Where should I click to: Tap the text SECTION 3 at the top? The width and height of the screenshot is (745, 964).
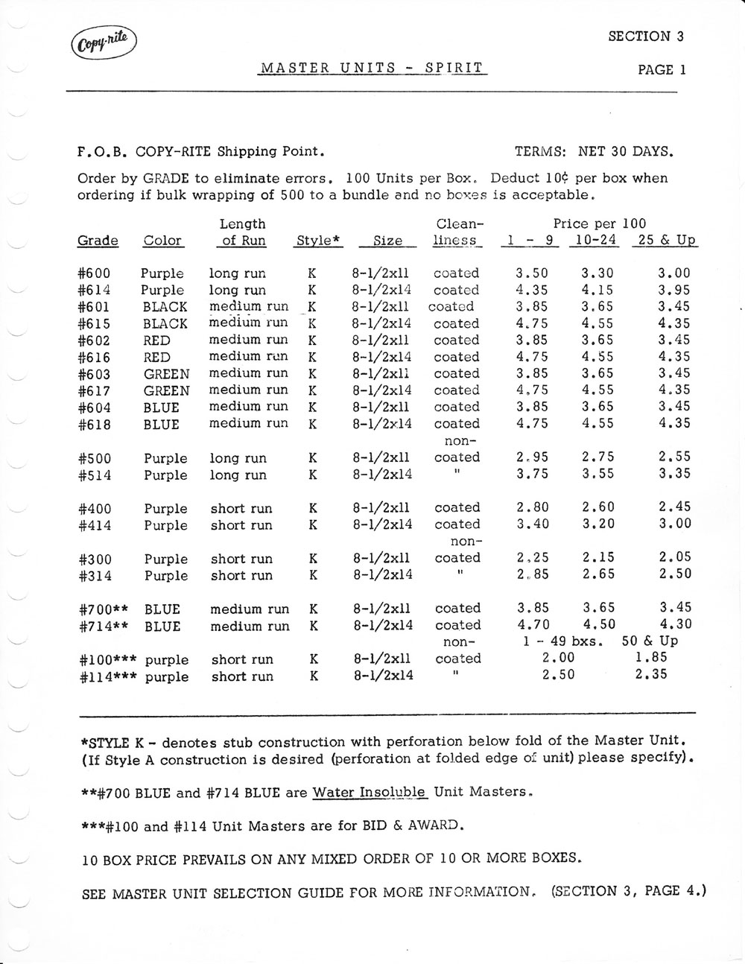646,36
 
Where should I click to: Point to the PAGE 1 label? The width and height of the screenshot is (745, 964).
662,70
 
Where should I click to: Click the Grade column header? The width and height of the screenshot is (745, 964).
98,241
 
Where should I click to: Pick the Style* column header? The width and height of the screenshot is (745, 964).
319,241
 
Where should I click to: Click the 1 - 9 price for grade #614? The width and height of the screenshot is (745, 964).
532,290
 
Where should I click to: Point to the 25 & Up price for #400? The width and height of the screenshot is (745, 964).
675,507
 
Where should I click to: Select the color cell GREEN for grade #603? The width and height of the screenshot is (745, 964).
167,374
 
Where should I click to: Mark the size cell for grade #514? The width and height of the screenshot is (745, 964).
382,475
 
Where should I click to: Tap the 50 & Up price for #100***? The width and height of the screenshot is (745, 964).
652,658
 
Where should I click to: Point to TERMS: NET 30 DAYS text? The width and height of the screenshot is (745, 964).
594,152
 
